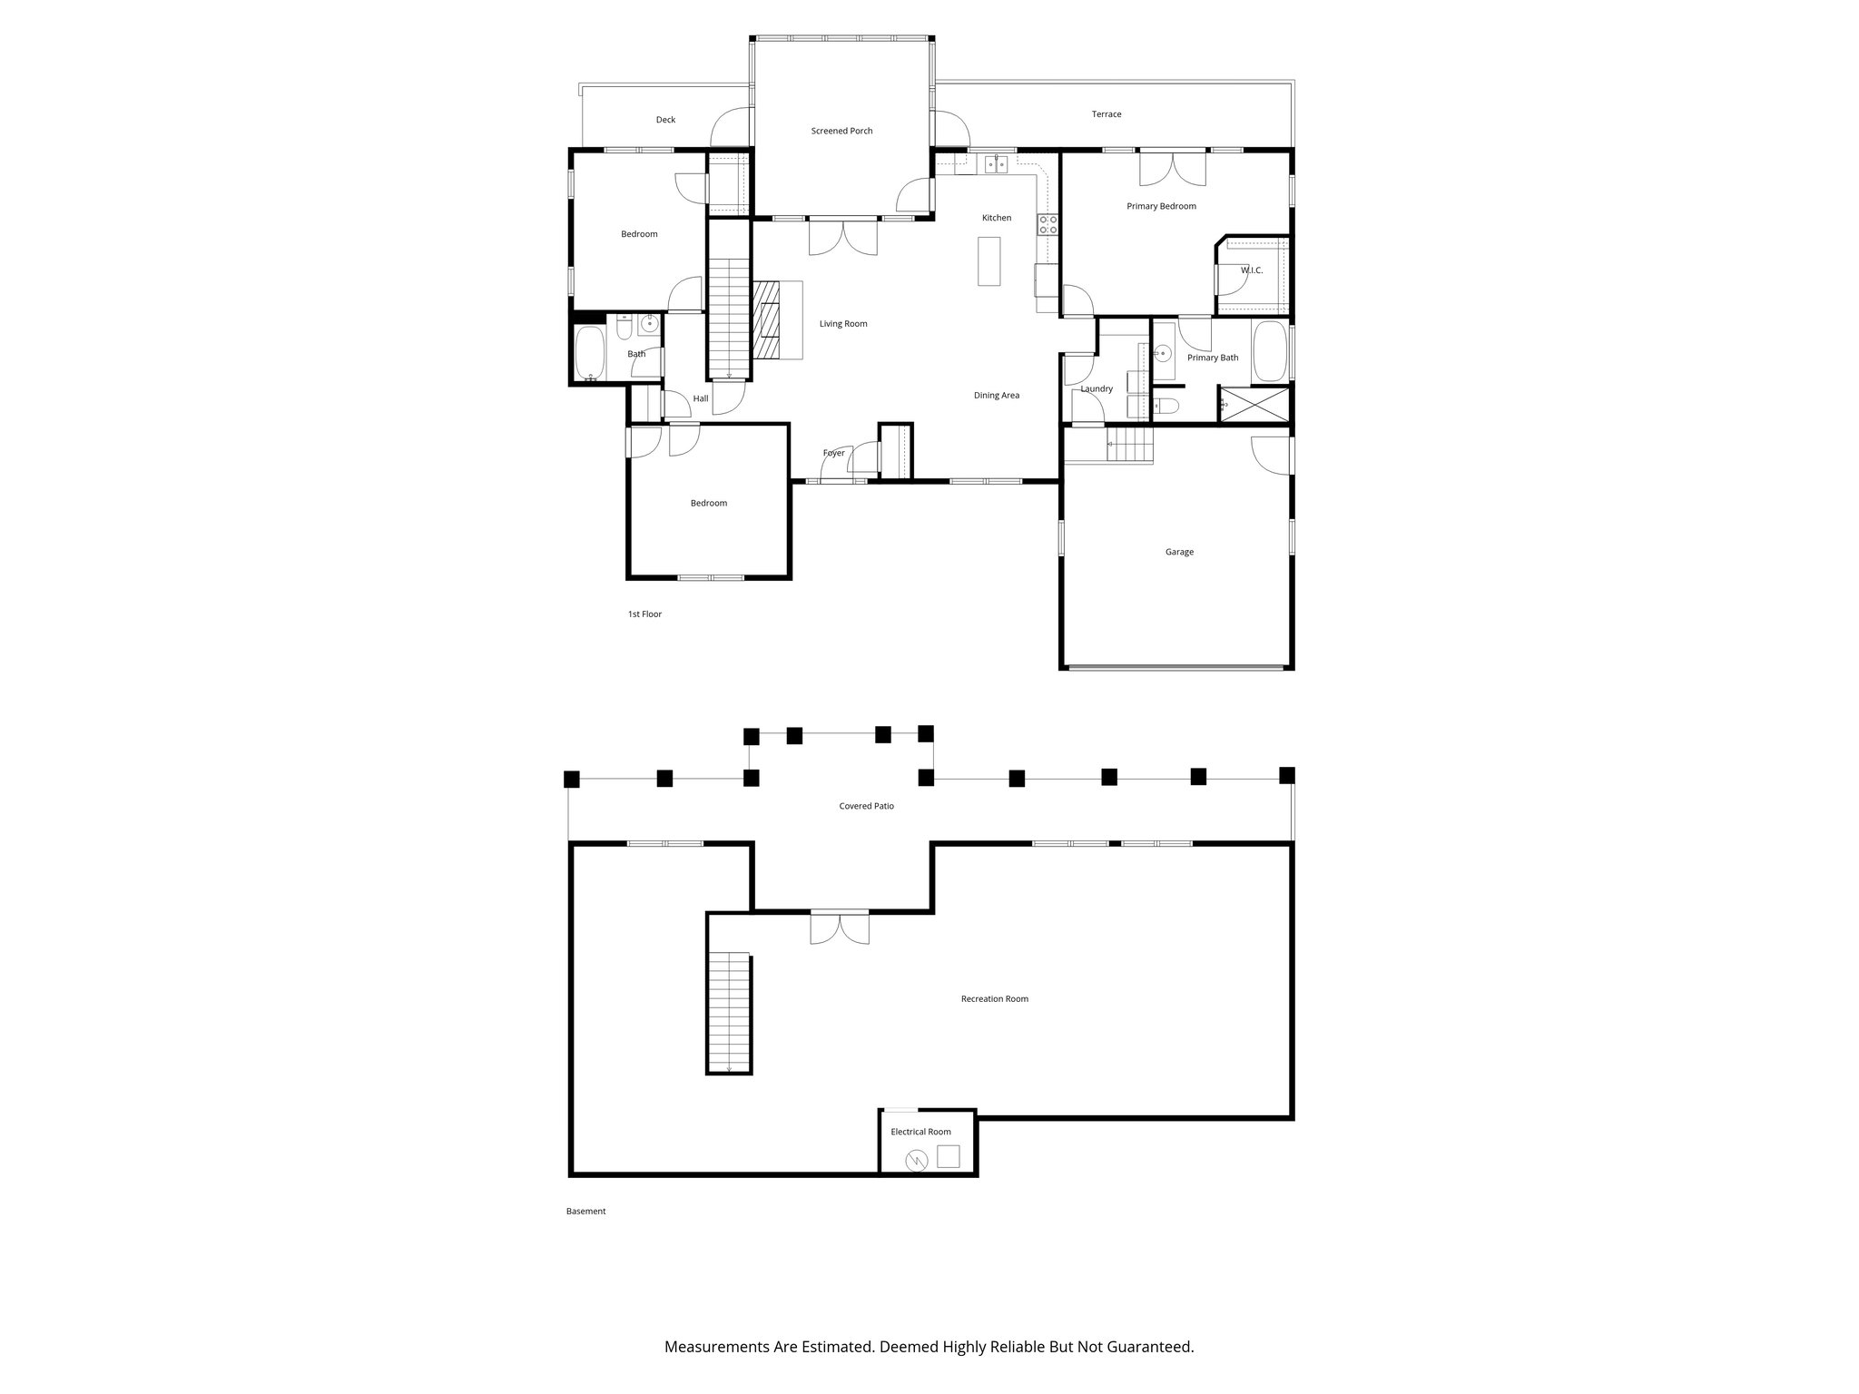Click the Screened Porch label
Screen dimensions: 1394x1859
(x=841, y=131)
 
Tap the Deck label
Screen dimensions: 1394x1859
(x=665, y=120)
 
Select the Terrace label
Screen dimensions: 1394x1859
(x=1106, y=114)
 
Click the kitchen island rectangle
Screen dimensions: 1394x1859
(x=989, y=260)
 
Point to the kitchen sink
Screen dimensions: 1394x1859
(x=997, y=163)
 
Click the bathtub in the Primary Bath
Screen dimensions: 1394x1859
(x=1269, y=352)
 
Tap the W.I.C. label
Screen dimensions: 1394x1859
(x=1251, y=270)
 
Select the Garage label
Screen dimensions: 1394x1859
(x=1179, y=552)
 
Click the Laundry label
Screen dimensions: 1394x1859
(x=1097, y=389)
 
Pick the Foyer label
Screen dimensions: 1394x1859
(x=833, y=453)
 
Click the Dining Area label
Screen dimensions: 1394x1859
(x=996, y=396)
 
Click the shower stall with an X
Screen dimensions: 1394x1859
(x=1254, y=403)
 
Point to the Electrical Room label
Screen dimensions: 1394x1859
(x=920, y=1132)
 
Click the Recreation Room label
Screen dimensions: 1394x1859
(x=994, y=999)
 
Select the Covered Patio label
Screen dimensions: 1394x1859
(x=866, y=806)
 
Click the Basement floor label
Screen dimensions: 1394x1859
(x=585, y=1212)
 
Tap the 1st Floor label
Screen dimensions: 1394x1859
(x=644, y=614)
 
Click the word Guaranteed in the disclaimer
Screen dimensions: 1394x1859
(x=1147, y=1347)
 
